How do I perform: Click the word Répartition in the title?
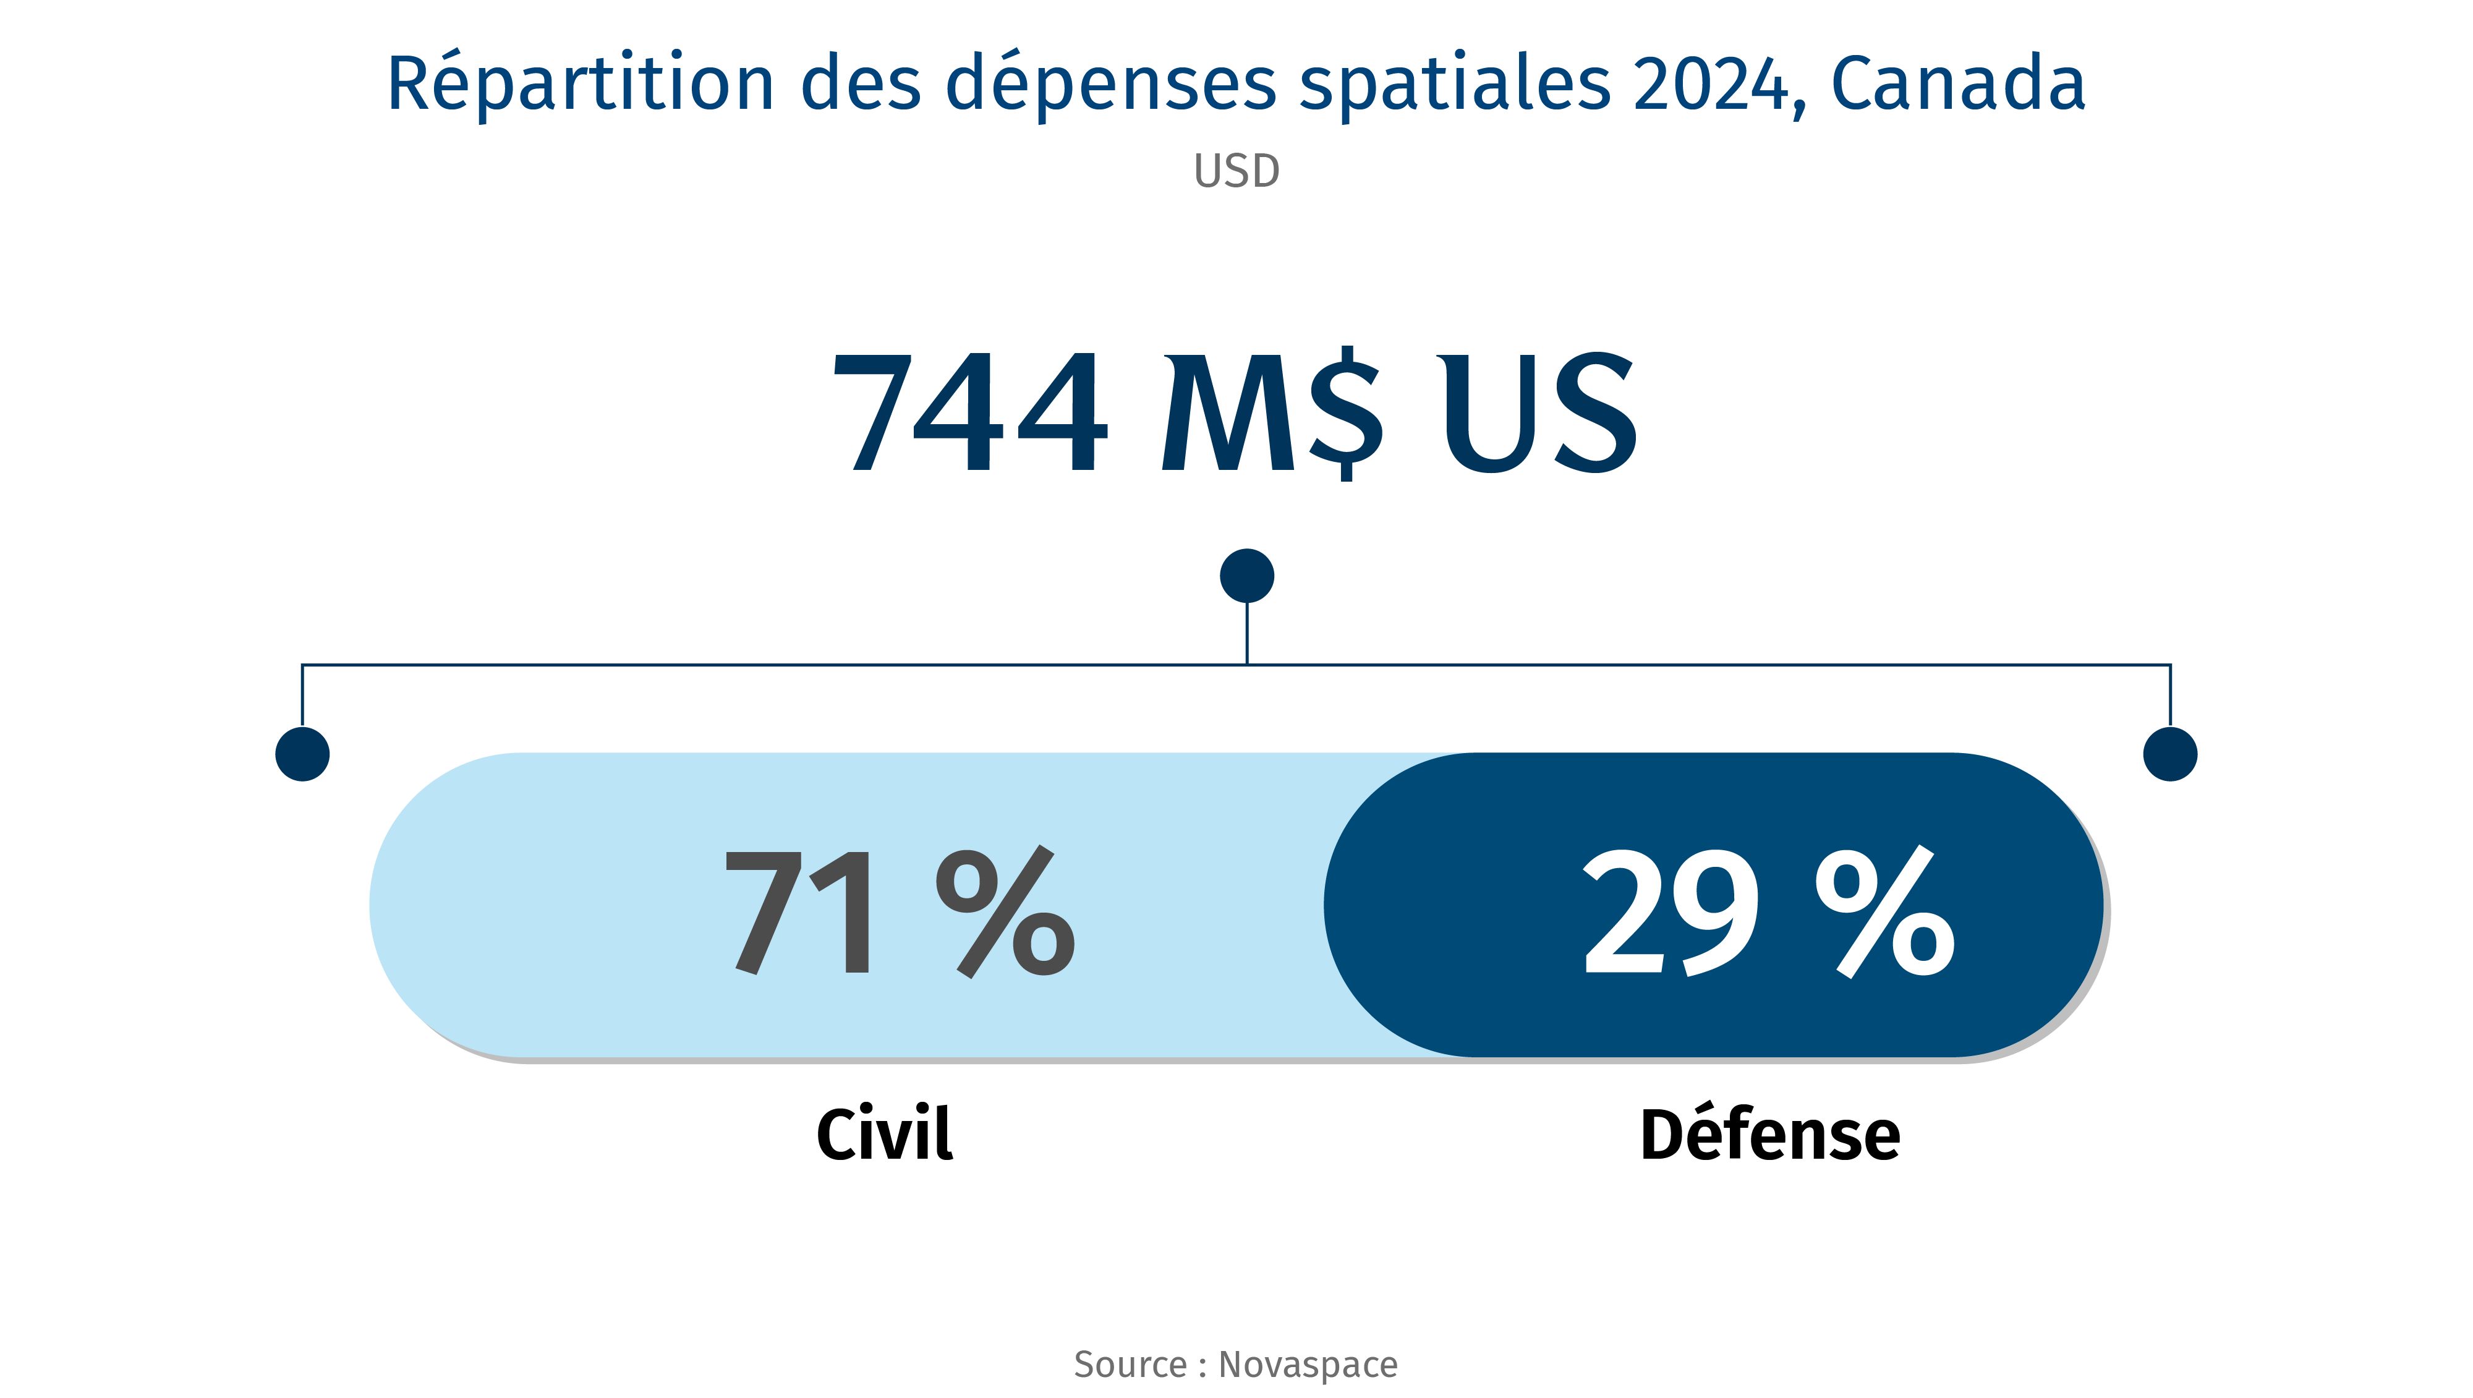pos(580,85)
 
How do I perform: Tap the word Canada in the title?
pos(1959,85)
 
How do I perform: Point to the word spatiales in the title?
pos(1454,85)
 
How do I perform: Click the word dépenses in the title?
pos(1111,85)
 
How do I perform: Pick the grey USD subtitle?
pos(1236,172)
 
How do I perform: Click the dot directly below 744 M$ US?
pos(1246,576)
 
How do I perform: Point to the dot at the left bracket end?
pos(302,754)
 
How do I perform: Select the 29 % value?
pos(1768,911)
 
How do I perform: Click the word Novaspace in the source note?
pos(1308,1365)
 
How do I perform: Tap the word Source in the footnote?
pos(1130,1365)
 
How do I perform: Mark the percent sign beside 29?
pos(1884,911)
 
